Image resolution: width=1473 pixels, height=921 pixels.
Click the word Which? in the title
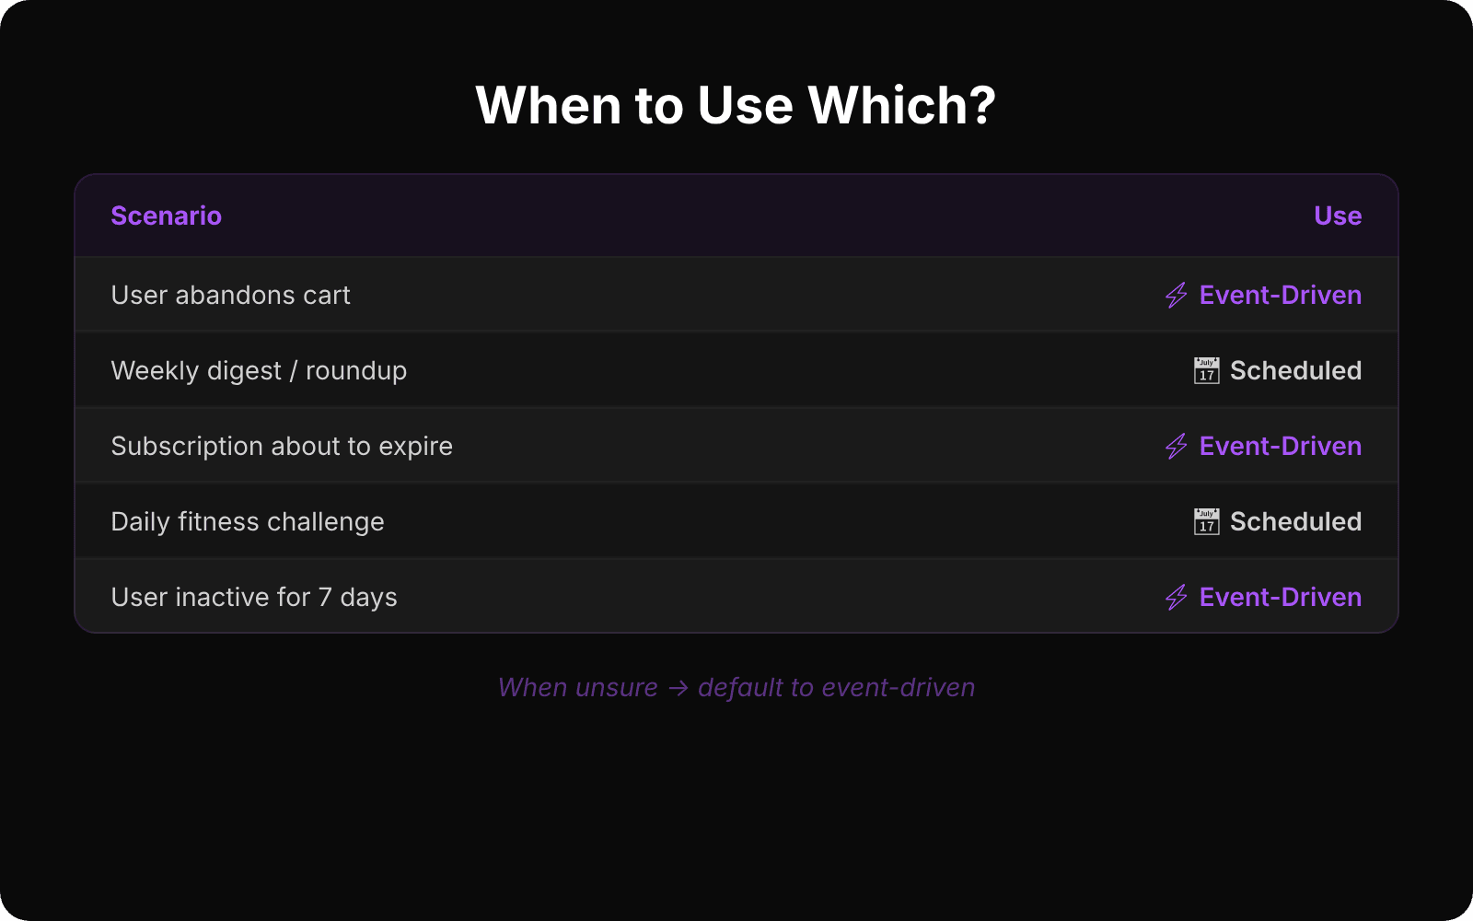pyautogui.click(x=901, y=105)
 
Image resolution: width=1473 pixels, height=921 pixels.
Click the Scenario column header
pyautogui.click(x=166, y=216)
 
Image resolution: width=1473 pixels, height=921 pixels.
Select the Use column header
pyautogui.click(x=1337, y=216)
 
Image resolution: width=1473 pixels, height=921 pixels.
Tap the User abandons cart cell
pyautogui.click(x=230, y=295)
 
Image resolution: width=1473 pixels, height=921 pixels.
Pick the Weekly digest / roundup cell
pyautogui.click(x=259, y=370)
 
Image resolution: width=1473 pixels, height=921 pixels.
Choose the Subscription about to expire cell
pyautogui.click(x=282, y=446)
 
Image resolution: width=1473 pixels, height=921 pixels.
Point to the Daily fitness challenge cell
pyautogui.click(x=248, y=521)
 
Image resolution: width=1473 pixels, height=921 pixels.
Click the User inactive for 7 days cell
pyautogui.click(x=254, y=597)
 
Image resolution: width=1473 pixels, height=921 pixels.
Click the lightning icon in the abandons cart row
pyautogui.click(x=1176, y=295)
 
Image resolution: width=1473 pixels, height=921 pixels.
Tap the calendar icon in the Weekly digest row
pyautogui.click(x=1206, y=370)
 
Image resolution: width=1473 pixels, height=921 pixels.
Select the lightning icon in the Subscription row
pyautogui.click(x=1176, y=446)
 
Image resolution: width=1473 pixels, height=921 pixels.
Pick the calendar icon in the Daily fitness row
pyautogui.click(x=1206, y=521)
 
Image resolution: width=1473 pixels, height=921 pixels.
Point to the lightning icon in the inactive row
pyautogui.click(x=1176, y=597)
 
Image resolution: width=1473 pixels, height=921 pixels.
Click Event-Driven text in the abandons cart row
pyautogui.click(x=1280, y=295)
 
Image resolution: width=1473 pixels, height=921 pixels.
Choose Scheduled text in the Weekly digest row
pyautogui.click(x=1295, y=370)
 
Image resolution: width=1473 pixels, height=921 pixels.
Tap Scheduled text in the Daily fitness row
pyautogui.click(x=1295, y=521)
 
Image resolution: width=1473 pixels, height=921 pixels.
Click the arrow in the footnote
pyautogui.click(x=679, y=688)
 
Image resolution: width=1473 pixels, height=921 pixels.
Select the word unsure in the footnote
pyautogui.click(x=616, y=688)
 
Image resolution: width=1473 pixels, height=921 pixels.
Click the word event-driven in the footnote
pyautogui.click(x=898, y=688)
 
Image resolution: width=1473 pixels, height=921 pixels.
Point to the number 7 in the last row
pyautogui.click(x=325, y=597)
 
